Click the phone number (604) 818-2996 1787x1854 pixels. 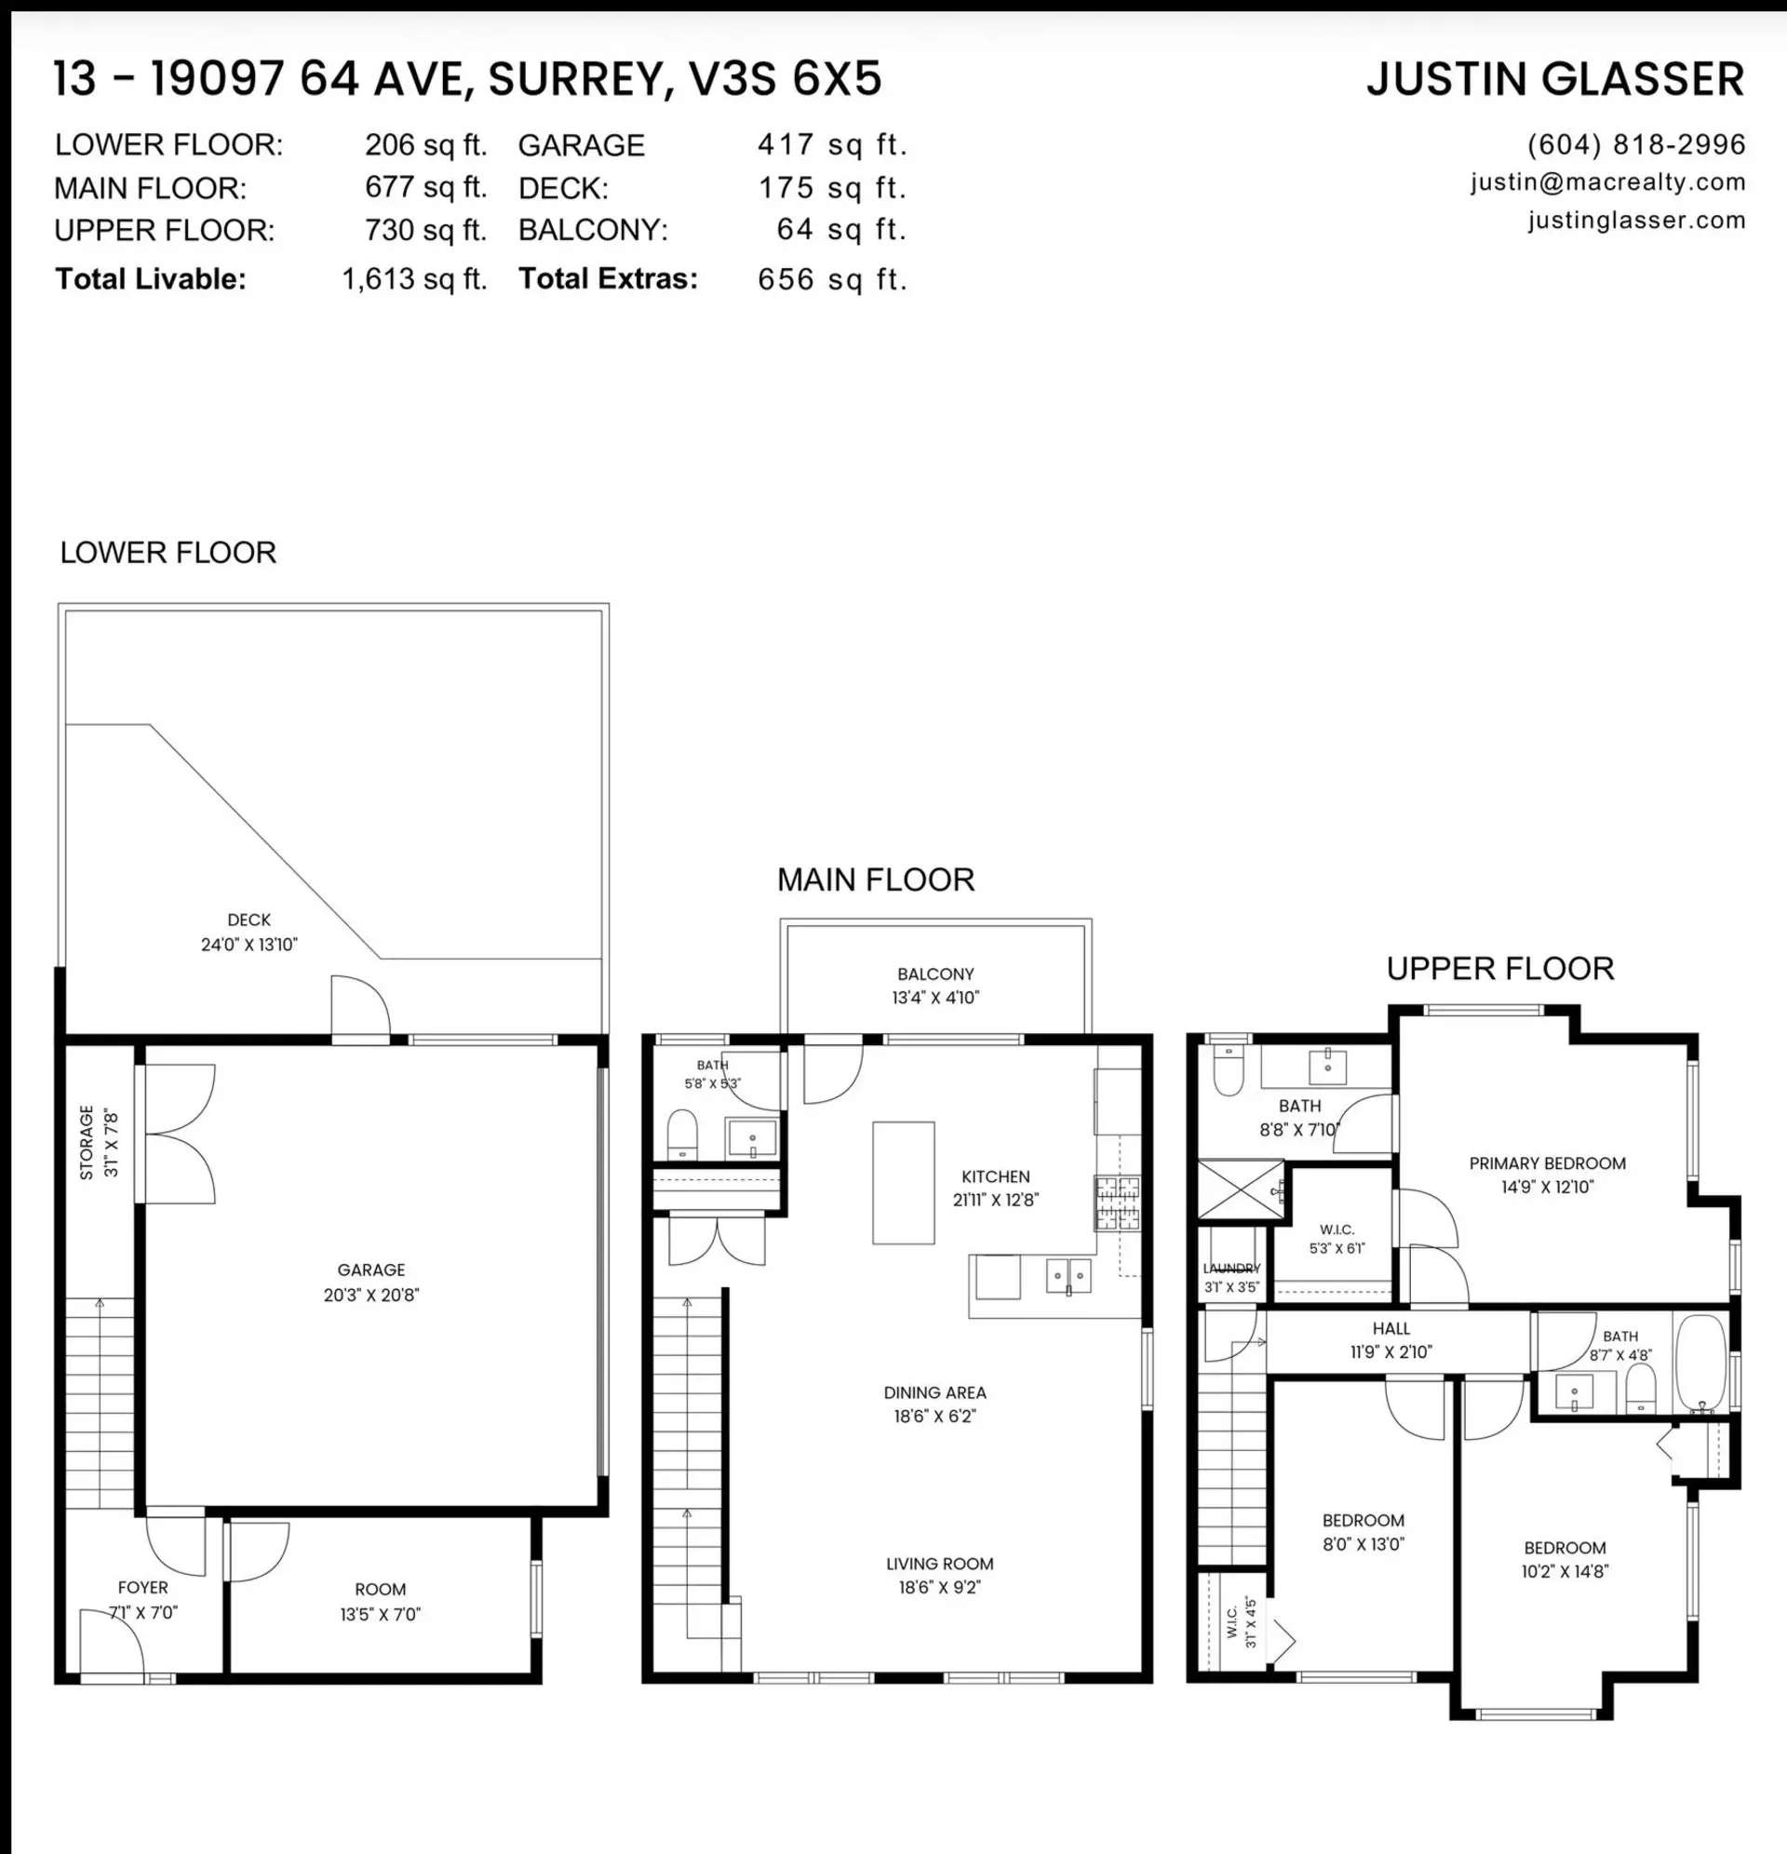coord(1635,144)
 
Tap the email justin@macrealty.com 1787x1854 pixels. coord(1608,182)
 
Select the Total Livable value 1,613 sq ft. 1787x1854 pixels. coord(414,279)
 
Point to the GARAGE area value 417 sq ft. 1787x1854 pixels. coord(832,144)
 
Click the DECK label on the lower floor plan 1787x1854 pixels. coord(249,920)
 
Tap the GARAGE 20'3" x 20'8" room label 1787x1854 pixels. coord(370,1282)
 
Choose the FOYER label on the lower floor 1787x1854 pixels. coord(142,1588)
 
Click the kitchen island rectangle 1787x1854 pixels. coord(904,1182)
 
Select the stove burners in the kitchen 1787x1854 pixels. coord(1117,1202)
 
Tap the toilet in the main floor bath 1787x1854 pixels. coord(682,1134)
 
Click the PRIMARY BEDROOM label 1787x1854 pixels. coord(1548,1163)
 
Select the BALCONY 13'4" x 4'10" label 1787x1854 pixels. coord(935,986)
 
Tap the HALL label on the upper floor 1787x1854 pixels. coord(1391,1329)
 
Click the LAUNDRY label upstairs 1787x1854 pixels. coord(1231,1269)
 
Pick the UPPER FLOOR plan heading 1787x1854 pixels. coord(1500,969)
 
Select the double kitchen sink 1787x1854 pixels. coord(1068,1276)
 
